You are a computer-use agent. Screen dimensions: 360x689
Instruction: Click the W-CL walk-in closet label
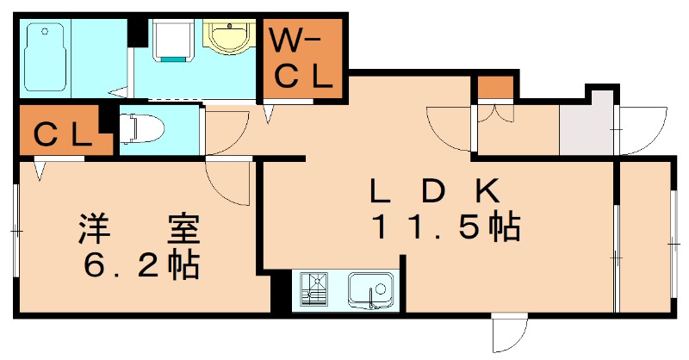[302, 59]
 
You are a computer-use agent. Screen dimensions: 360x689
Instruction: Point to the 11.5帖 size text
[445, 227]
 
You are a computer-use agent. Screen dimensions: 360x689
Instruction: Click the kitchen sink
[370, 289]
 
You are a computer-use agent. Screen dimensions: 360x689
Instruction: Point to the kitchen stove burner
[315, 289]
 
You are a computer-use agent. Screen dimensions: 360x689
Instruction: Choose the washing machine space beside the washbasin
[173, 40]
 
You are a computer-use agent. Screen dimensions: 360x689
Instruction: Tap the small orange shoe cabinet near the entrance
[495, 88]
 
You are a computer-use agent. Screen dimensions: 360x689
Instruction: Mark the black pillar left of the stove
[280, 293]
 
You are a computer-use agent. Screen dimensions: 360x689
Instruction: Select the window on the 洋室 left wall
[16, 232]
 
